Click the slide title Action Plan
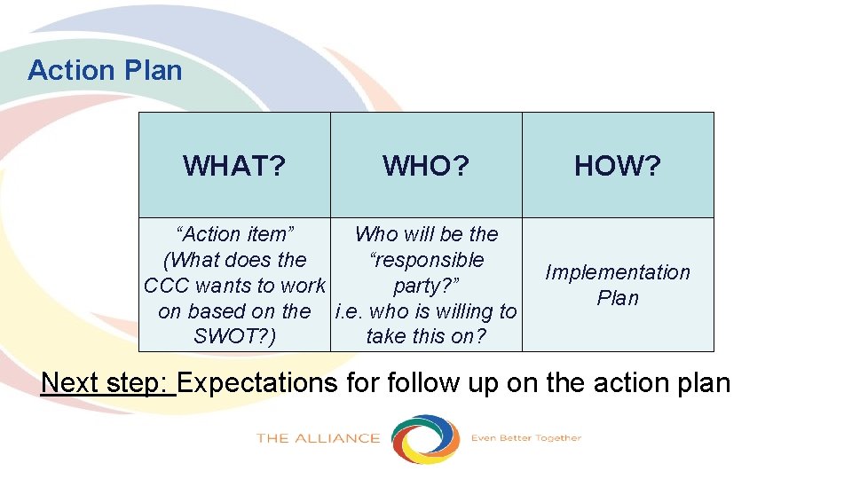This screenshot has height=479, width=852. (105, 70)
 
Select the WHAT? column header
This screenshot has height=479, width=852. (234, 166)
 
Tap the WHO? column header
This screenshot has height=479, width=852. (426, 166)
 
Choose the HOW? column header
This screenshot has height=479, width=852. (618, 166)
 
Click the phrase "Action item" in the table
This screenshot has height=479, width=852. (235, 234)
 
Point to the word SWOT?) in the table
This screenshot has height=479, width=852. (234, 337)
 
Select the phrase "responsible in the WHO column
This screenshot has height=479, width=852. (426, 260)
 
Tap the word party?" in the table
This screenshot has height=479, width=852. (426, 286)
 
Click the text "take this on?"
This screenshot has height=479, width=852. (426, 337)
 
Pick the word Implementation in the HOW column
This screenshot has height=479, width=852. (618, 272)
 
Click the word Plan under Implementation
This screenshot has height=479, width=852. (618, 298)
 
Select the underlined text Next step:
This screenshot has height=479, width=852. (108, 382)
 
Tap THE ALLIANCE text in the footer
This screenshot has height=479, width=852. (318, 438)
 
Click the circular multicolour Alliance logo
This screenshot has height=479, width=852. (426, 438)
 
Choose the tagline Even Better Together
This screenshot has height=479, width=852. (525, 437)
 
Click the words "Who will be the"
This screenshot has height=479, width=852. (426, 234)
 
